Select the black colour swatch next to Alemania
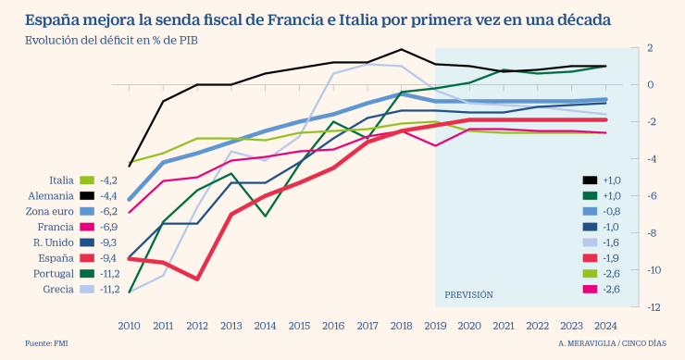(x=88, y=196)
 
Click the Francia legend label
(x=56, y=228)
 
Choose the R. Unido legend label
(x=54, y=243)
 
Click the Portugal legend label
(x=54, y=275)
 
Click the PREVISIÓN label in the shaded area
(x=468, y=294)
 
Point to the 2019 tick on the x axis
(x=434, y=325)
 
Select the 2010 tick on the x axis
(x=129, y=325)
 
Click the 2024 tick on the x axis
(x=604, y=325)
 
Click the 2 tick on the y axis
(x=651, y=48)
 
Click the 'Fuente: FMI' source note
(x=46, y=344)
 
